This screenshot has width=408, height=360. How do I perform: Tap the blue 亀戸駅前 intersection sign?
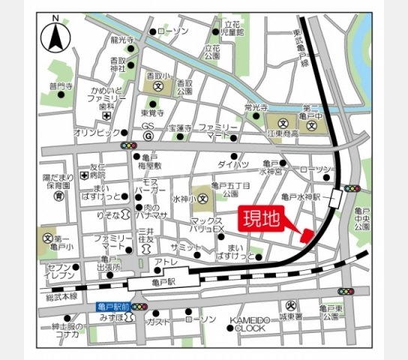click(112, 307)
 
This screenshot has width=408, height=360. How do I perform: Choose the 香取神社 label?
click(118, 64)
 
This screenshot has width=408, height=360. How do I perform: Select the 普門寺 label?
click(61, 86)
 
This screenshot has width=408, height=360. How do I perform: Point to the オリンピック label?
click(92, 132)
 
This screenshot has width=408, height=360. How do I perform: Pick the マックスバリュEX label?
click(208, 224)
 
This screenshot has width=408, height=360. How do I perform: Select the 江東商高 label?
click(282, 133)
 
